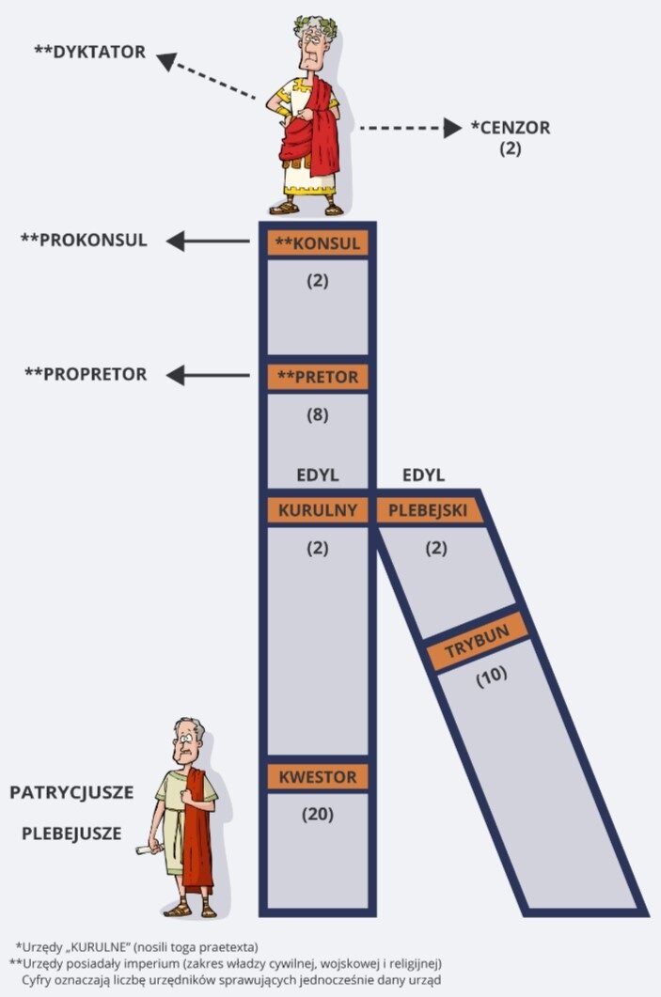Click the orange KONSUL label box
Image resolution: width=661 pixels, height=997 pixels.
[318, 243]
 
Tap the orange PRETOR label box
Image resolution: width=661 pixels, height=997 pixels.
[318, 377]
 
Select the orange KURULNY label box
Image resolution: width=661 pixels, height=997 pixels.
[318, 510]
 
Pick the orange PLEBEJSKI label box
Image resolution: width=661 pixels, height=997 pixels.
[430, 510]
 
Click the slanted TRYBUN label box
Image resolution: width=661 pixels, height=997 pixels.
[477, 646]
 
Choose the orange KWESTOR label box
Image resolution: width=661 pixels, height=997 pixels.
[318, 777]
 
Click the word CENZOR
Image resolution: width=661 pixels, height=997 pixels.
[511, 128]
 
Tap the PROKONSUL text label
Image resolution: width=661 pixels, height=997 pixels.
[84, 240]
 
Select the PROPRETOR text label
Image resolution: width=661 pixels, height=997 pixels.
[86, 374]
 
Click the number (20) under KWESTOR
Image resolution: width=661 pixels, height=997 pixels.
[318, 815]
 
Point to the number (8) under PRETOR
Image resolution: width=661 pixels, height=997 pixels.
[318, 413]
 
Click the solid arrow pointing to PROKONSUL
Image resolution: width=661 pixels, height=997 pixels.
[208, 242]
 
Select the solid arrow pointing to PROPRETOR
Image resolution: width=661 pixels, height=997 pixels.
[208, 376]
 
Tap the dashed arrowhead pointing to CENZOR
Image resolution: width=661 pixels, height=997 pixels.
[452, 128]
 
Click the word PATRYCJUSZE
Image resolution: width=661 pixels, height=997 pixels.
[71, 792]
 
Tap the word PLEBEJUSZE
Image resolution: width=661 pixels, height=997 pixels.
[71, 832]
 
